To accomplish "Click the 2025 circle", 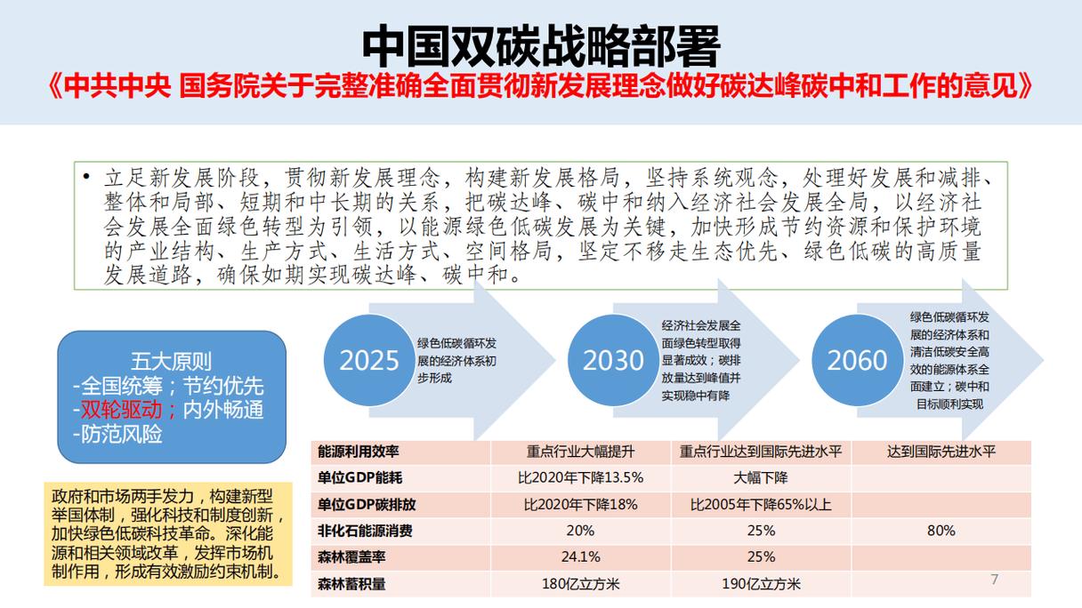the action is [369, 360].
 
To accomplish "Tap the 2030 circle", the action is [613, 360].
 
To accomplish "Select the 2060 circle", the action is [857, 360].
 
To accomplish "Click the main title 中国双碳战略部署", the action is [541, 47].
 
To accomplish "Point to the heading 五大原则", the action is [171, 361].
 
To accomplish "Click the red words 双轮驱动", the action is [121, 410].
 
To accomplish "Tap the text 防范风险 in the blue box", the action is [121, 435].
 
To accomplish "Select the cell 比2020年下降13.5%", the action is [581, 477].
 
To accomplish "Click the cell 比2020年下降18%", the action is [581, 505].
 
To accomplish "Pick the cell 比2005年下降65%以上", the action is [761, 505].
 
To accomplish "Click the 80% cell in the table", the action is [941, 531].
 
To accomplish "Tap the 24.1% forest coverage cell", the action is [581, 556].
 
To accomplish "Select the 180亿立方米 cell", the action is [581, 584].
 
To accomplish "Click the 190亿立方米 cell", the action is [761, 584].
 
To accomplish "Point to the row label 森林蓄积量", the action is [351, 584].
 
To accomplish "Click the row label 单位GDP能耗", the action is [359, 477].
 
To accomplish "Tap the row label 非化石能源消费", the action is [365, 531].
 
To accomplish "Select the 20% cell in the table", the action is [581, 531].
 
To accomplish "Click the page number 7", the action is [994, 579].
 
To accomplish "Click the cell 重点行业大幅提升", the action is [581, 452].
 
